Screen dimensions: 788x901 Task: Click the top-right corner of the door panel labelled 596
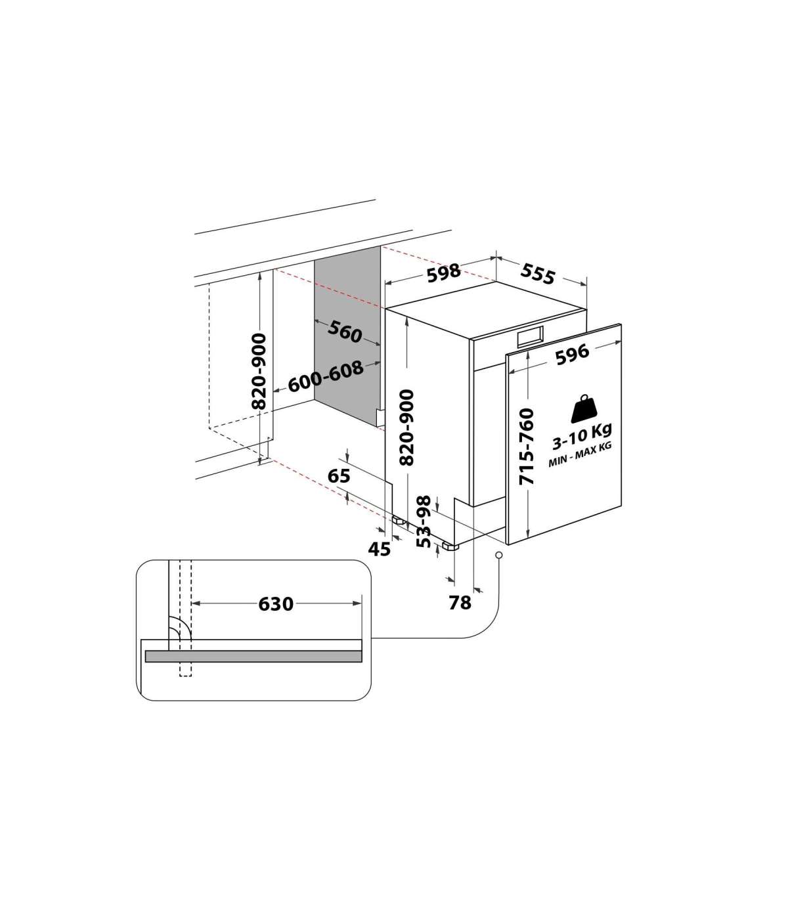(621, 324)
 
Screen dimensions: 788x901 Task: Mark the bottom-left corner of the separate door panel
(508, 545)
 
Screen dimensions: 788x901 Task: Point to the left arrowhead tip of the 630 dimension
(192, 604)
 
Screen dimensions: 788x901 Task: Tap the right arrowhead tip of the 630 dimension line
(361, 604)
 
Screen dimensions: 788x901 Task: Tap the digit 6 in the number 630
(264, 604)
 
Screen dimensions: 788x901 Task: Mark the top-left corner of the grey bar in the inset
(146, 651)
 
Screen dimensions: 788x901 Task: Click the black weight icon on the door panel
(584, 409)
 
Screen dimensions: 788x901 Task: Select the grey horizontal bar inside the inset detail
(253, 656)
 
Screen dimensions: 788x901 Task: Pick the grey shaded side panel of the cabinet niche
(347, 336)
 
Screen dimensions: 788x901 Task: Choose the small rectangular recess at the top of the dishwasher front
(530, 336)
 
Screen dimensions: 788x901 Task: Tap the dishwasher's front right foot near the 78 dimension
(450, 547)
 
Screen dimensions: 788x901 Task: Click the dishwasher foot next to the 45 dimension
(400, 521)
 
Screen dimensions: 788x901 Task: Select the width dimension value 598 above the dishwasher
(444, 273)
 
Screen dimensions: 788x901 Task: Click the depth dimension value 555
(538, 275)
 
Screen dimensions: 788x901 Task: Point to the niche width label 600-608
(326, 376)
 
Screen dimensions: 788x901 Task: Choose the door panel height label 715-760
(526, 447)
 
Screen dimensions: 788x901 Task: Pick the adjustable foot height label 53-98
(424, 521)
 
